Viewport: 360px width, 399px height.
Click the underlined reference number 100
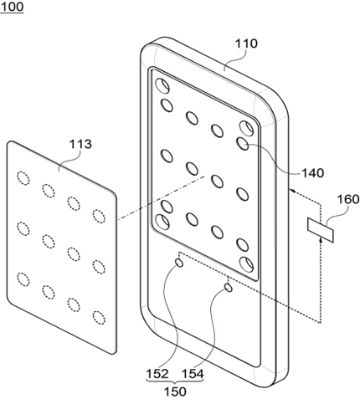tap(12, 7)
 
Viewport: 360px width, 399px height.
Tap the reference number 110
tap(246, 43)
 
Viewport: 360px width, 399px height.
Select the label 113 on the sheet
tap(80, 144)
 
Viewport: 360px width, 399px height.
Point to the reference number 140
tap(313, 173)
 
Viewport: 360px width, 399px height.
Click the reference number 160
tap(348, 199)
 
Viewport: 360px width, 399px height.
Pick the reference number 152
tap(157, 374)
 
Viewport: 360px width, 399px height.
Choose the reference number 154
tap(193, 374)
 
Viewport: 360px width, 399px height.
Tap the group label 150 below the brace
tap(175, 391)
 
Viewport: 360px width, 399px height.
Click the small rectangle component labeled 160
tap(321, 230)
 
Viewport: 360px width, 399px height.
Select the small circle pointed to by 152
tap(179, 263)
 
